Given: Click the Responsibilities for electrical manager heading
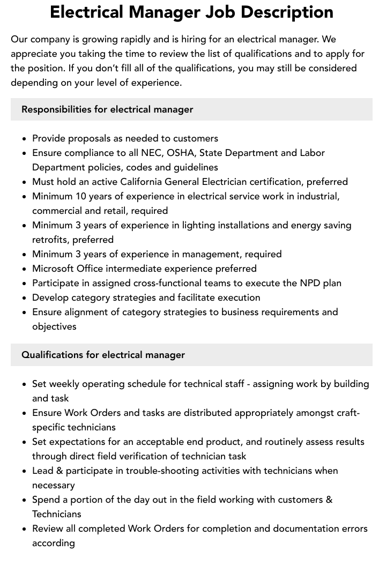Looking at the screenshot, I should coord(107,109).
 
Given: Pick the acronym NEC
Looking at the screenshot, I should coord(152,153).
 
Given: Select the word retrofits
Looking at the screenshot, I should coord(50,240).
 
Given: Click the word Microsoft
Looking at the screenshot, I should coord(54,269).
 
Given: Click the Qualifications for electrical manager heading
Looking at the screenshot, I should coord(103,355).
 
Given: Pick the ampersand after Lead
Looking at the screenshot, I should coord(59,471).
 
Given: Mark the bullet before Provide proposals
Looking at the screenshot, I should coord(24,139).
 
